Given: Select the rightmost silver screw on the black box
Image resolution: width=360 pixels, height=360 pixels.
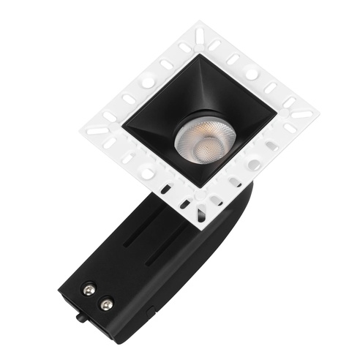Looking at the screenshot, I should tap(108, 303).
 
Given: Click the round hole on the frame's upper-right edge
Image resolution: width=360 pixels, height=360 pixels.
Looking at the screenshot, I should tap(251, 74).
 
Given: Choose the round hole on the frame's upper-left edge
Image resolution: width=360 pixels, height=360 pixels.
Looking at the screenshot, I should tap(149, 82).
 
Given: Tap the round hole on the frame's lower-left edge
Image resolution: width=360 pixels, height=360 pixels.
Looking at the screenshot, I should tap(147, 174).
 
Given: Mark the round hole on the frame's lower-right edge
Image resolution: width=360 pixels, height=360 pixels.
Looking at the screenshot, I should tap(254, 165).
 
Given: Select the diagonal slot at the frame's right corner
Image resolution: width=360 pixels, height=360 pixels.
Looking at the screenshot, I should tap(301, 115).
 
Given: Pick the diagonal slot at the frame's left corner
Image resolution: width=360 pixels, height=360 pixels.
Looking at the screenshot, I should tap(97, 132).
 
